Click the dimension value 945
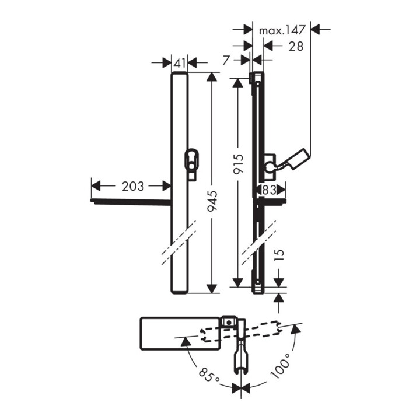pos(212,201)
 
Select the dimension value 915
pos(237,164)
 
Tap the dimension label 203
pos(133,186)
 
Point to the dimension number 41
pos(180,63)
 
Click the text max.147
pos(282,30)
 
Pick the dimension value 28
pos(296,46)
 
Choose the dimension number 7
pos(226,60)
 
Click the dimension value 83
pos(269,190)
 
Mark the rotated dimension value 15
pos(279,256)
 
